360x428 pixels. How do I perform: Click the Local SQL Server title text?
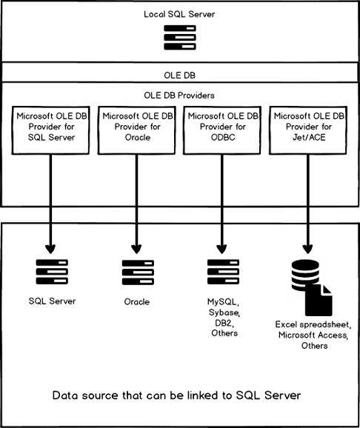(179, 14)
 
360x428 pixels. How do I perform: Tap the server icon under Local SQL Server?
(180, 38)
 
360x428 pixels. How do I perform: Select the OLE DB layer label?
(180, 76)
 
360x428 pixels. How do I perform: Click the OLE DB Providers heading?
(179, 96)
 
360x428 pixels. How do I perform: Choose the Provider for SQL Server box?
(51, 130)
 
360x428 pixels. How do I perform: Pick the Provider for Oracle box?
(137, 130)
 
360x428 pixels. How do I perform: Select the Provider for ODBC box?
(222, 130)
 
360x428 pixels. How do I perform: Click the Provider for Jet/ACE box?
(308, 130)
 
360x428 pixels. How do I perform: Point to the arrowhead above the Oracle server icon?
(136, 249)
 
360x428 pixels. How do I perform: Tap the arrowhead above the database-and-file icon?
(308, 249)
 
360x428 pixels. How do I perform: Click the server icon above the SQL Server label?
(52, 272)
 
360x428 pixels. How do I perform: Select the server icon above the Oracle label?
(138, 272)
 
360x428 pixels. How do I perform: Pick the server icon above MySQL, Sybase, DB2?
(223, 272)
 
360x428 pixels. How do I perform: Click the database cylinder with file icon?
(312, 288)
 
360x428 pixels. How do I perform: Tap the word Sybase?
(224, 312)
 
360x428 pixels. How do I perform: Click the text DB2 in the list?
(224, 323)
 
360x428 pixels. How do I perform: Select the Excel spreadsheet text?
(313, 324)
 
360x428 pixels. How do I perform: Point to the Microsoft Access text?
(313, 335)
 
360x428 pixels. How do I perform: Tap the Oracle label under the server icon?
(137, 302)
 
